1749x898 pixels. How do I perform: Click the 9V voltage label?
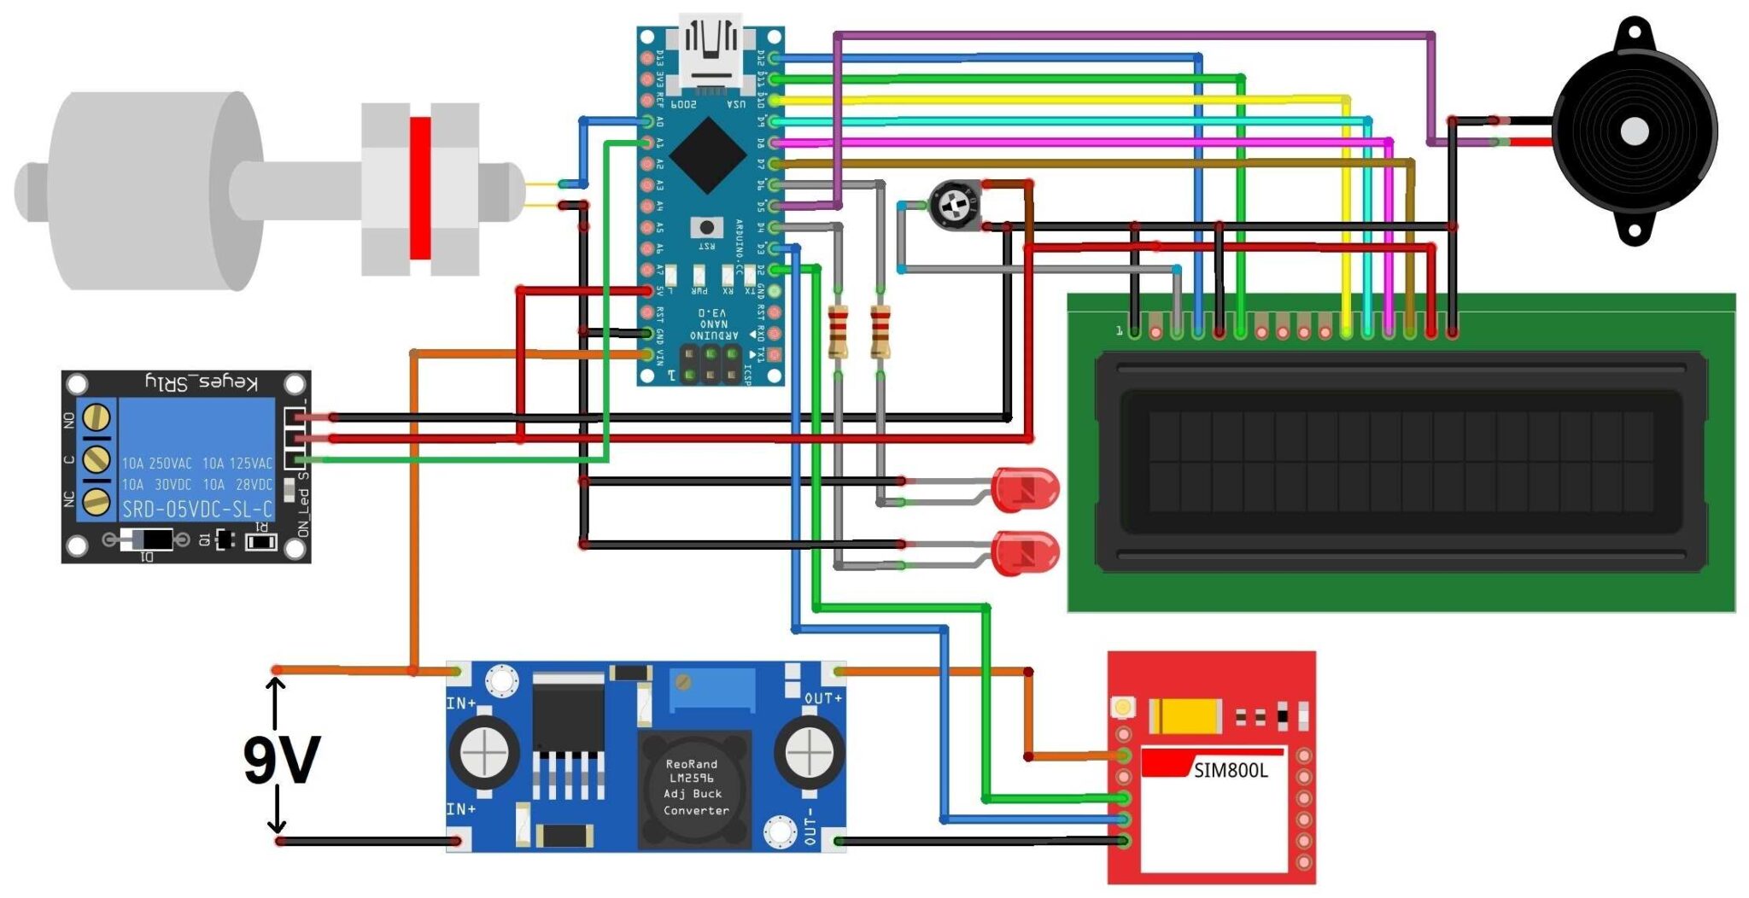click(x=282, y=759)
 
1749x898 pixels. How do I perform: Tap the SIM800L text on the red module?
click(x=1230, y=771)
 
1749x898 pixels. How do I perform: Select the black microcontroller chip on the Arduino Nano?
click(x=708, y=156)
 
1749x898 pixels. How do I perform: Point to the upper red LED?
click(x=1027, y=490)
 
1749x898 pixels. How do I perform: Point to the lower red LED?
click(x=1027, y=551)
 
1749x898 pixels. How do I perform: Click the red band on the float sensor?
click(x=419, y=188)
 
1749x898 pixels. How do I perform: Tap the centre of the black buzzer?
click(x=1635, y=131)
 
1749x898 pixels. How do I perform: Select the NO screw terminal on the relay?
click(x=97, y=418)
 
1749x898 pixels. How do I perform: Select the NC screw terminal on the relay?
click(x=97, y=501)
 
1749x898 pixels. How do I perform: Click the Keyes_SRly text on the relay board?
click(x=202, y=382)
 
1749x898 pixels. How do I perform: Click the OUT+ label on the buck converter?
click(x=822, y=698)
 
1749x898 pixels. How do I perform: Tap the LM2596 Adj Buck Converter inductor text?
click(x=694, y=787)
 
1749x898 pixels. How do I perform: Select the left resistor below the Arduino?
click(x=839, y=331)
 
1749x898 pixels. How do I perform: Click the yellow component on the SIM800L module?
click(x=1185, y=716)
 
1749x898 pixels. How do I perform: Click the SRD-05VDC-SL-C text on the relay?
click(x=196, y=510)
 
